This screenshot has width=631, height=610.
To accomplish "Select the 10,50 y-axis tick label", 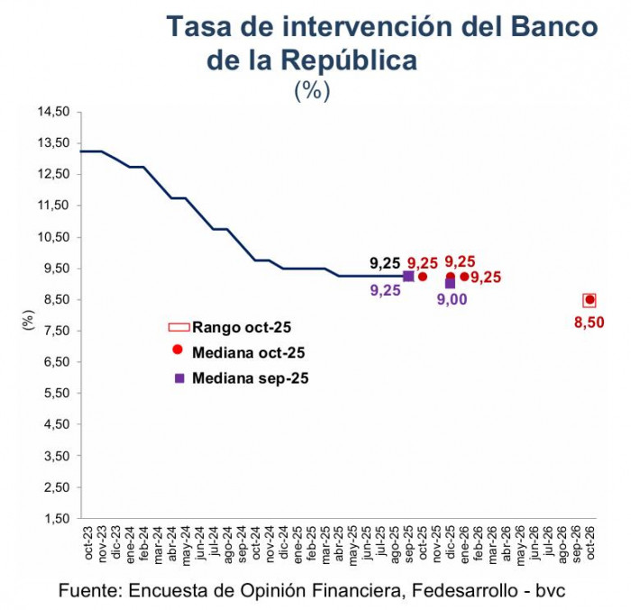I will click(x=54, y=237).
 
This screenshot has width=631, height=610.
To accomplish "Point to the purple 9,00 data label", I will click(x=452, y=300).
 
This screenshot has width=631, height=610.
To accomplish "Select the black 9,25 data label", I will click(x=385, y=263).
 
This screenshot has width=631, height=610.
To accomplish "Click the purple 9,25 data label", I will click(x=385, y=290).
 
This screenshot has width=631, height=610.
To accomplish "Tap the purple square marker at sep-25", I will click(x=408, y=277).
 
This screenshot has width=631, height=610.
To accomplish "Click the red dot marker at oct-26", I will click(x=590, y=300).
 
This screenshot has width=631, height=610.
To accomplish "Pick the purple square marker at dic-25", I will click(x=451, y=283).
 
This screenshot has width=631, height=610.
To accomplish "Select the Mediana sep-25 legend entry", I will click(x=239, y=378).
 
